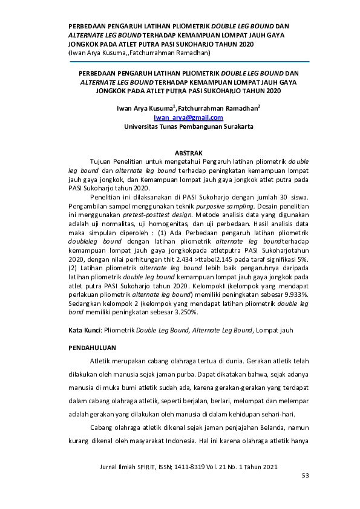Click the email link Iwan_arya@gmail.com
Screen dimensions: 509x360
(188, 118)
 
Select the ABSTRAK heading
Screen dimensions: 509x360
(188, 154)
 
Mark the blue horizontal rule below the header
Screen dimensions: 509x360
(188, 61)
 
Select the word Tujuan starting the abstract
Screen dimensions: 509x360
(102, 163)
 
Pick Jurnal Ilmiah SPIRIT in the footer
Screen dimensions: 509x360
(130, 467)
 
